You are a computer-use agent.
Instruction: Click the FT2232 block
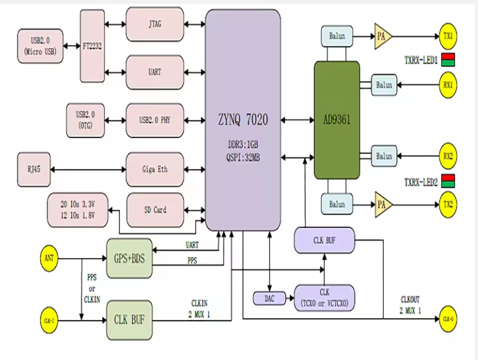pyautogui.click(x=92, y=46)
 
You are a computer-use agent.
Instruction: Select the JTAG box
pyautogui.click(x=155, y=25)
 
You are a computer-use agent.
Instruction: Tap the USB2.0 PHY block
pyautogui.click(x=155, y=120)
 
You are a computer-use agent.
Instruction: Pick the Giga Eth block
pyautogui.click(x=155, y=169)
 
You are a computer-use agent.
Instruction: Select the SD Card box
pyautogui.click(x=155, y=210)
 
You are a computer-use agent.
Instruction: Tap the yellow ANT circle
pyautogui.click(x=50, y=257)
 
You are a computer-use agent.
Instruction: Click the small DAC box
pyautogui.click(x=269, y=299)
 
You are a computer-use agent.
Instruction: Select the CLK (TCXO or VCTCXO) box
pyautogui.click(x=324, y=298)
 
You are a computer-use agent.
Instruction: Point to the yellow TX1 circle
pyautogui.click(x=447, y=36)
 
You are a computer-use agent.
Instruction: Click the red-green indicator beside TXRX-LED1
pyautogui.click(x=448, y=61)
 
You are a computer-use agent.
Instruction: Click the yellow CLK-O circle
pyautogui.click(x=448, y=318)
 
